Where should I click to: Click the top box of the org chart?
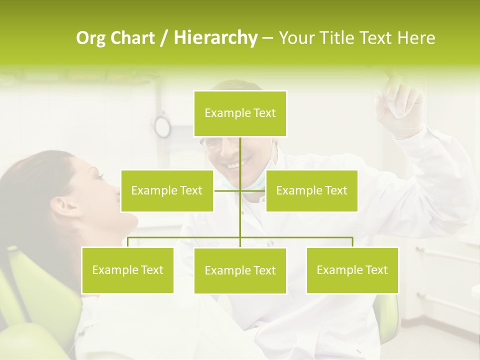pos(240,113)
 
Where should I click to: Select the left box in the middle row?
pos(167,190)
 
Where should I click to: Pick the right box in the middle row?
pos(311,190)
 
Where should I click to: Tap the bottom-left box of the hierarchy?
pos(127,270)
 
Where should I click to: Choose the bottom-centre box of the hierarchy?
pos(240,270)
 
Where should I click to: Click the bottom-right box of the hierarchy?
pos(352,270)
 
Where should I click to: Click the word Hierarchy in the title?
pos(215,37)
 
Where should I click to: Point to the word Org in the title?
pos(90,38)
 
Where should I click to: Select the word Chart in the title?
pos(131,38)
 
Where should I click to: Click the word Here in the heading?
pos(416,38)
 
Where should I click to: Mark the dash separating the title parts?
pos(267,38)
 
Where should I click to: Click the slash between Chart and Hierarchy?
pos(164,38)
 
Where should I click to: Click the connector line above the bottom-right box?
pos(352,241)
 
